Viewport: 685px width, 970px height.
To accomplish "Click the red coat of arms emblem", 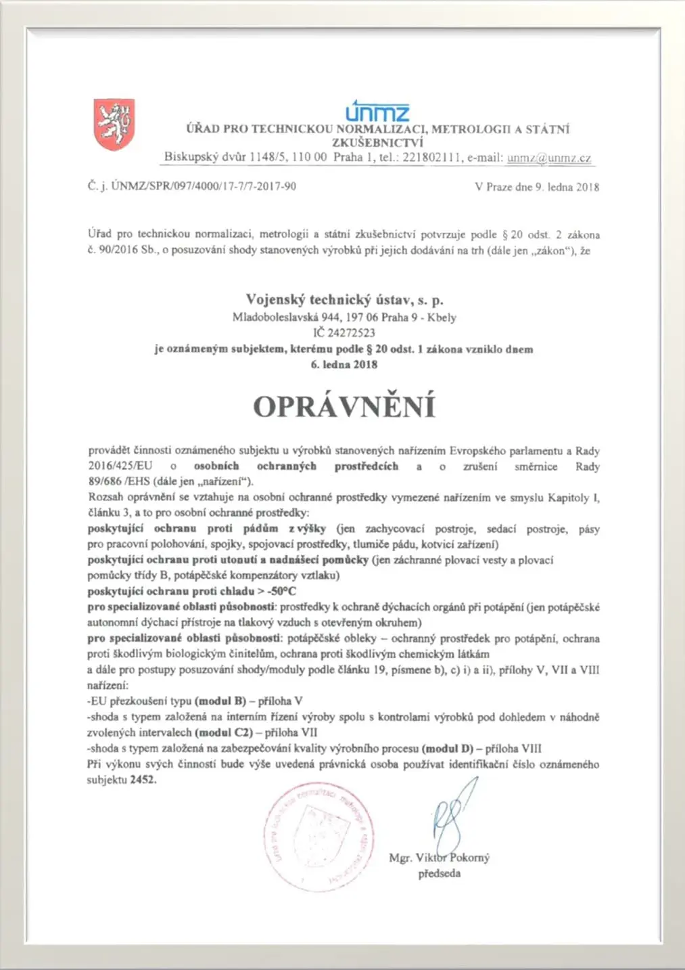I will (114, 125).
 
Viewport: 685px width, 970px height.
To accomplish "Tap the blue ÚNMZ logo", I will (377, 111).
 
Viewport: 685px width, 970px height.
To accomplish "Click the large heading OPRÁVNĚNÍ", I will (344, 406).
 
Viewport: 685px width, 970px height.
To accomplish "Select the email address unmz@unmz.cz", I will (548, 158).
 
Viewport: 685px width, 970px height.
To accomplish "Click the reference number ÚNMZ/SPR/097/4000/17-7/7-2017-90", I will (204, 186).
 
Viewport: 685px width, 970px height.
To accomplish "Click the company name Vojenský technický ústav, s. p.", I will (344, 300).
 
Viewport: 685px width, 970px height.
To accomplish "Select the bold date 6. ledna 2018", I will (344, 364).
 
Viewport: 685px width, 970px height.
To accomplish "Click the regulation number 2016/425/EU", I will (121, 466).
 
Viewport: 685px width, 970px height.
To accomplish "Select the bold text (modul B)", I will (220, 701).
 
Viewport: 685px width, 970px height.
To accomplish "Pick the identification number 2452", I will (143, 780).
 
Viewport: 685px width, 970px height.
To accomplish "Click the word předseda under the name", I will (439, 874).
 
